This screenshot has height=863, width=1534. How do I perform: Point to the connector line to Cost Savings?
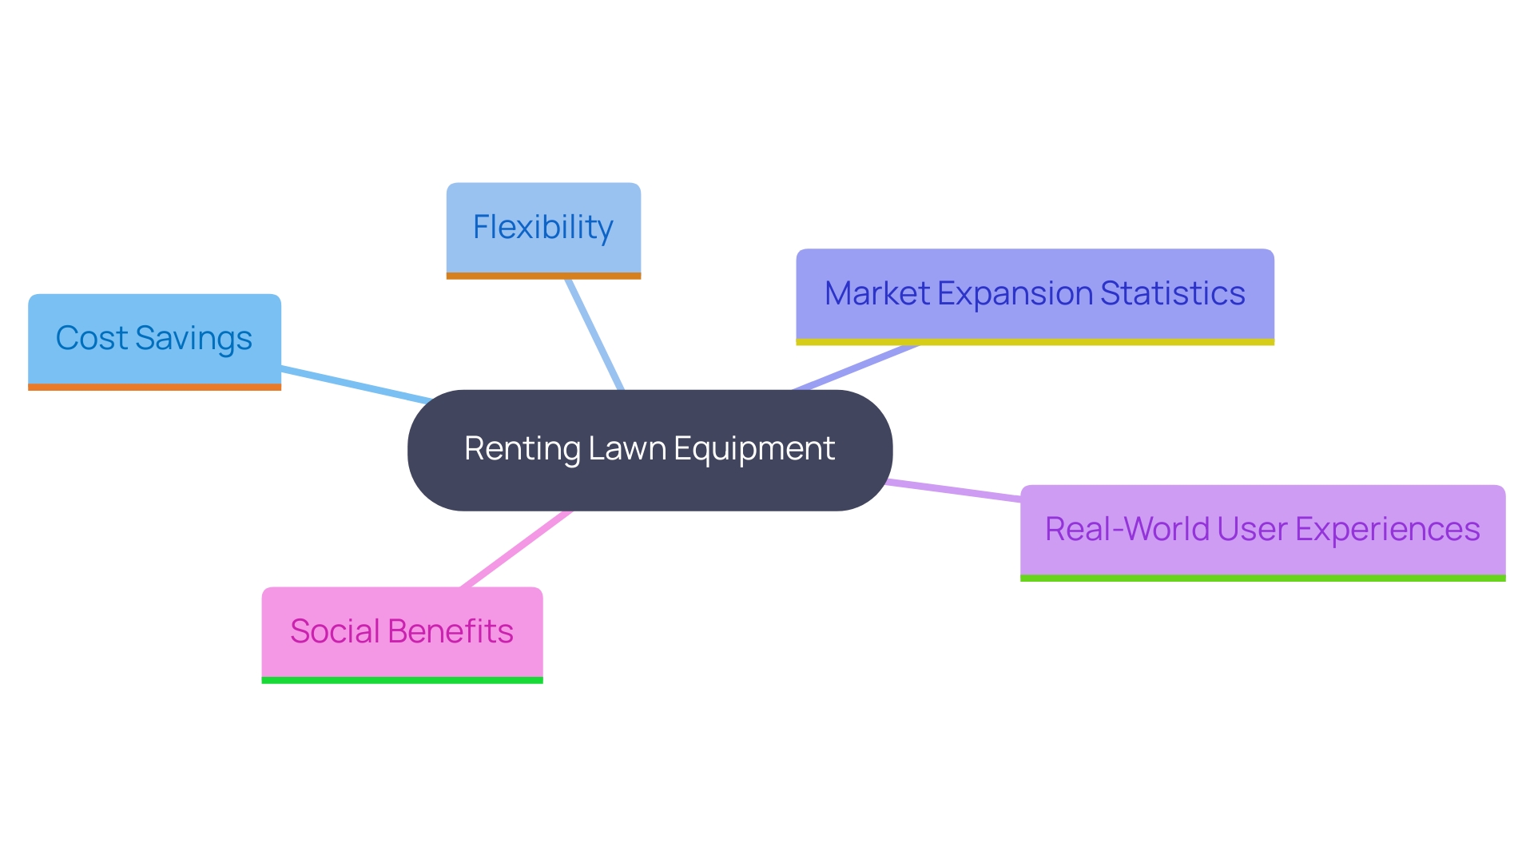click(356, 385)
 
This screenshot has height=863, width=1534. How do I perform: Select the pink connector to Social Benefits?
click(518, 549)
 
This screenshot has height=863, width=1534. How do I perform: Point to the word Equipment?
click(754, 449)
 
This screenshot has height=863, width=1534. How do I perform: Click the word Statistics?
click(1172, 293)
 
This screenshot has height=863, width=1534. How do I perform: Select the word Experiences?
click(1387, 529)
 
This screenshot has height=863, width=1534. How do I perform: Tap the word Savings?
click(193, 338)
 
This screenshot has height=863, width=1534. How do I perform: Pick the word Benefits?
click(451, 631)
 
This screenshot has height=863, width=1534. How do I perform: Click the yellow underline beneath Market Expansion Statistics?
click(1035, 342)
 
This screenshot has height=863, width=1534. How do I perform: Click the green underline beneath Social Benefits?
click(402, 680)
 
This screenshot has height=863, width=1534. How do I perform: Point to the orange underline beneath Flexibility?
click(543, 276)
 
